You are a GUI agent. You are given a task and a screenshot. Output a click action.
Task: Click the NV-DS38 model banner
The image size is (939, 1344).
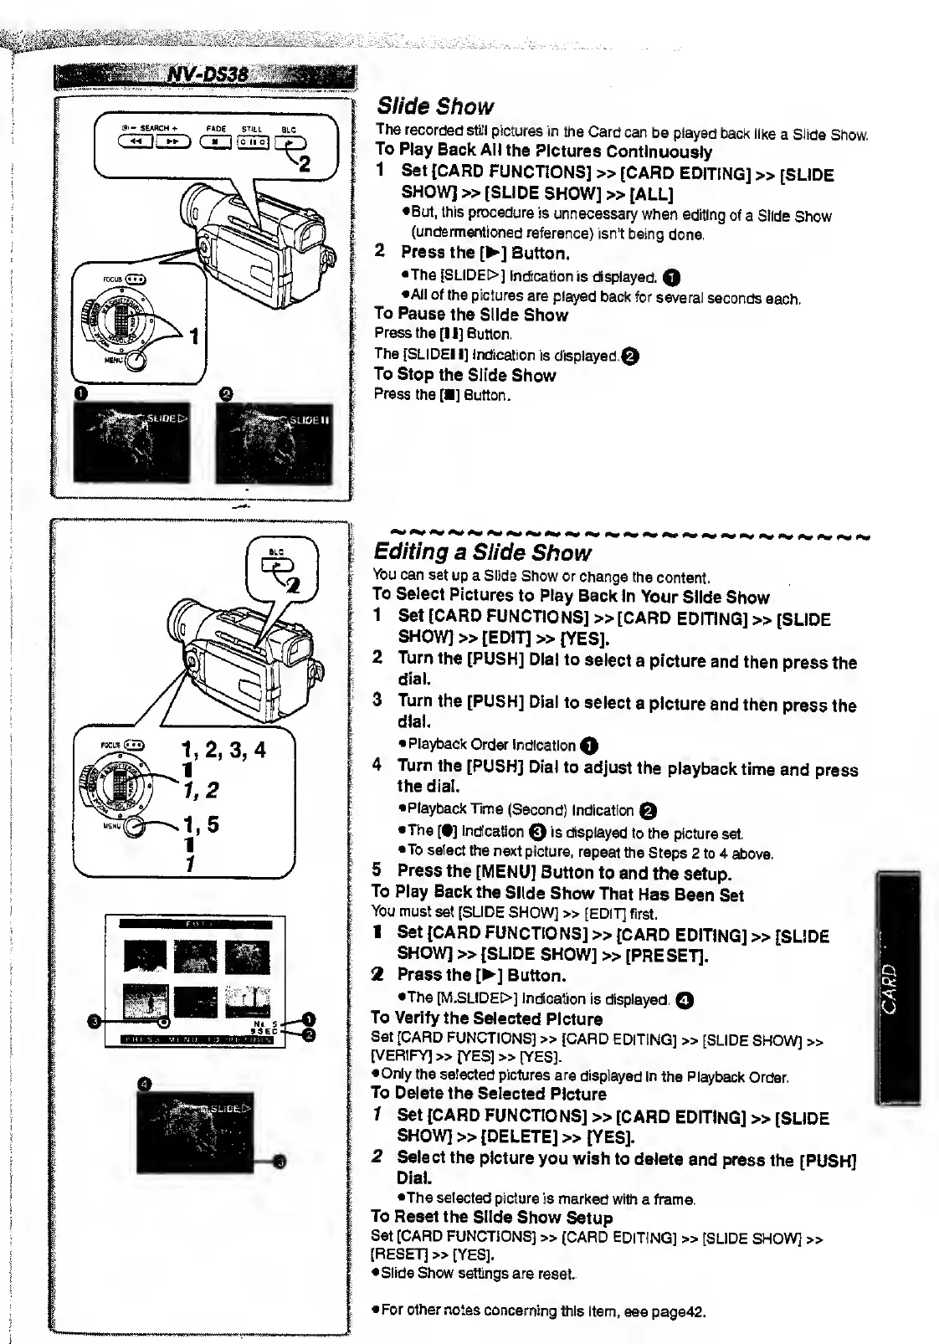click(205, 75)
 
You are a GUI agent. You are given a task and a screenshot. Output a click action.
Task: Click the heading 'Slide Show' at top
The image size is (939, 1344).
click(435, 106)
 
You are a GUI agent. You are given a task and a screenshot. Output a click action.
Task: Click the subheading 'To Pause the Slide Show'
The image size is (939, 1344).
click(471, 315)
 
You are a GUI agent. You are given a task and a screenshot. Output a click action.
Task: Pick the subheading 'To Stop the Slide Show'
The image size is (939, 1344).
click(465, 375)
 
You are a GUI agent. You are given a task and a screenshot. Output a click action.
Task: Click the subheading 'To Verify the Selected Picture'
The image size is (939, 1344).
click(487, 1018)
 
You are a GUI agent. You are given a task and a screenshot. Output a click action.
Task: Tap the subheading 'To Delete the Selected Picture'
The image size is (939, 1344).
click(489, 1094)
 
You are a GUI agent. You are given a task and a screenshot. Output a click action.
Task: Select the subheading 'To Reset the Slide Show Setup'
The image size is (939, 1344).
click(492, 1218)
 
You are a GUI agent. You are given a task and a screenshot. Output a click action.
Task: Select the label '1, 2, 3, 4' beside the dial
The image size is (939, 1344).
click(223, 750)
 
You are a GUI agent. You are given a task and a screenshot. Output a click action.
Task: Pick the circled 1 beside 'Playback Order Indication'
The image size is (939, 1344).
click(590, 746)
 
